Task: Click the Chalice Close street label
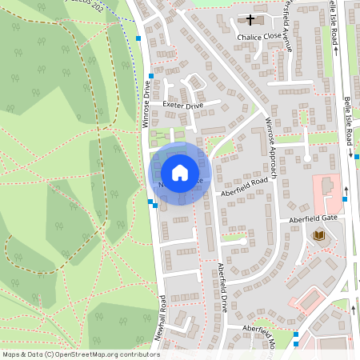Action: pos(255,37)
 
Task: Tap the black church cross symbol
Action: pos(250,20)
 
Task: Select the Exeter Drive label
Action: pos(183,105)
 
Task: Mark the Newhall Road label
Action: pos(162,318)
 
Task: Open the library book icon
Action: pos(320,236)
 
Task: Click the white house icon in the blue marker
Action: pos(180,172)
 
